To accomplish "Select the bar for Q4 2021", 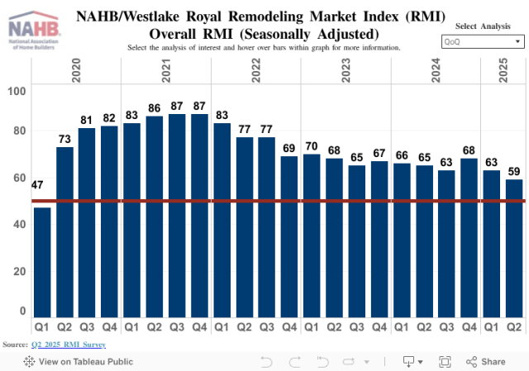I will [x=199, y=215].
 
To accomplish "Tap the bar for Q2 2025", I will [x=513, y=248].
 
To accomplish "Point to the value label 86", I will [x=155, y=107].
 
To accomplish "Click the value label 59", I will [x=513, y=171].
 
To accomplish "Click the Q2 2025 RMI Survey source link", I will [x=69, y=345].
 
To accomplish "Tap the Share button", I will [x=486, y=362].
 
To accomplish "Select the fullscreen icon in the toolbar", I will [x=445, y=362].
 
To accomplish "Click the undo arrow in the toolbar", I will [x=266, y=362].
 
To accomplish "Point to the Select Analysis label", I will [x=483, y=26].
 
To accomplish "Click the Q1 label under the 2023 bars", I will [x=311, y=327].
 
